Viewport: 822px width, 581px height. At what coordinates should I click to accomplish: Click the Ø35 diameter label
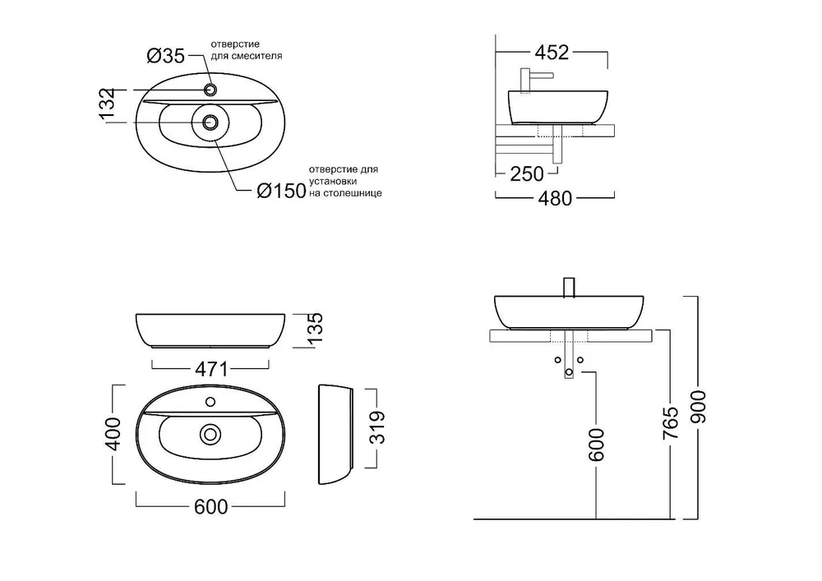click(x=166, y=56)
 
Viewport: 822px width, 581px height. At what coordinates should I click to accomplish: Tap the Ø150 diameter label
click(x=281, y=191)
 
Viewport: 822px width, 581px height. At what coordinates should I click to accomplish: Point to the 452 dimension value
click(x=552, y=53)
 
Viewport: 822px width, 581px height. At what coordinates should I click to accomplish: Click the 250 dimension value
click(x=527, y=174)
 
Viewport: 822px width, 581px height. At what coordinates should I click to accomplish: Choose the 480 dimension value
click(x=555, y=199)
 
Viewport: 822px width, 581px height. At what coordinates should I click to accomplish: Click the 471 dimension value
click(x=211, y=369)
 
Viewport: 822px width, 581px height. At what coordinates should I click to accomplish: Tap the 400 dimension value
click(x=113, y=434)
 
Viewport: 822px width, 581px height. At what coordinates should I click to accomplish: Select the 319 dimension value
click(x=377, y=427)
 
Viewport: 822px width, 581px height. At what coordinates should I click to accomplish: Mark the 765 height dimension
click(x=671, y=423)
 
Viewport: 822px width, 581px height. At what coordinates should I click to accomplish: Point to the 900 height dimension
click(x=698, y=407)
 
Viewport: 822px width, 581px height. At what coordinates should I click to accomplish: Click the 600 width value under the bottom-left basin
click(x=210, y=506)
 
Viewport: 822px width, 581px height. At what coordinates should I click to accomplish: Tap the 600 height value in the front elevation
click(x=596, y=445)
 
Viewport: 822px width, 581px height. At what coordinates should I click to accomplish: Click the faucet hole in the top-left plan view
click(x=210, y=90)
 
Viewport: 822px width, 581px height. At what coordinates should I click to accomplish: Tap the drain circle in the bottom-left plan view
click(x=210, y=434)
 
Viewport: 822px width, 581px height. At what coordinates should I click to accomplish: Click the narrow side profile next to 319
click(x=335, y=434)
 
